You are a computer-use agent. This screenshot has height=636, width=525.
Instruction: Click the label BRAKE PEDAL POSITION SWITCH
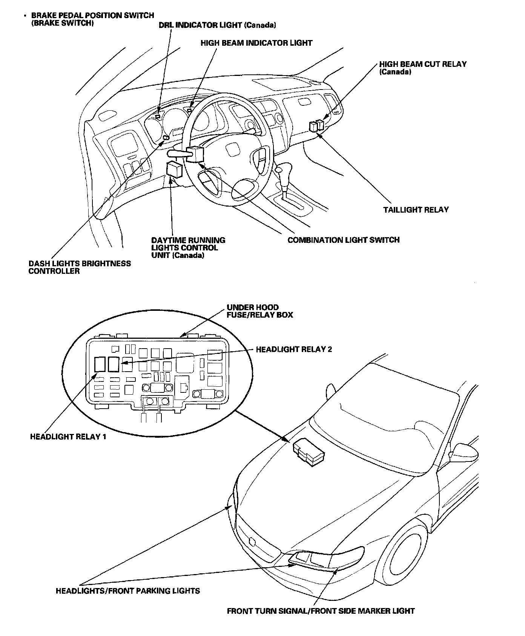click(92, 16)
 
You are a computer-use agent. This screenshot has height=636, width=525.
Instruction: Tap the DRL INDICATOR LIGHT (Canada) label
click(217, 25)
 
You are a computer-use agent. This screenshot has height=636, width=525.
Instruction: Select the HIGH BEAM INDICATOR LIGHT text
click(256, 43)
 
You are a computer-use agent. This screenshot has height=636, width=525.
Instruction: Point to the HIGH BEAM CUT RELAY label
click(423, 64)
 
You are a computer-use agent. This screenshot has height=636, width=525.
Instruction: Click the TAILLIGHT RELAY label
click(416, 210)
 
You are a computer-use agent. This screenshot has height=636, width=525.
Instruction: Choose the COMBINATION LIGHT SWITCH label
click(343, 240)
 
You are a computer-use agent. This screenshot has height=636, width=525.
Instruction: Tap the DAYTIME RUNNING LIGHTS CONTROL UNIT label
click(188, 248)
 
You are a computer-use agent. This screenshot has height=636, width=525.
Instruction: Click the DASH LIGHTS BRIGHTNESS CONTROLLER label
click(80, 267)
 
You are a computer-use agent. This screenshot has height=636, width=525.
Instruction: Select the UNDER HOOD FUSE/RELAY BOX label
click(259, 311)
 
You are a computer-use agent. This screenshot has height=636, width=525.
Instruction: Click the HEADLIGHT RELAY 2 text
click(294, 349)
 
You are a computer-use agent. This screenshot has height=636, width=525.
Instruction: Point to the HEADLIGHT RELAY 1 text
click(68, 437)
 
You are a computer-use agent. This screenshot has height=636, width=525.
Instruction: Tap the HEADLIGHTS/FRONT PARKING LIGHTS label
click(128, 591)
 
